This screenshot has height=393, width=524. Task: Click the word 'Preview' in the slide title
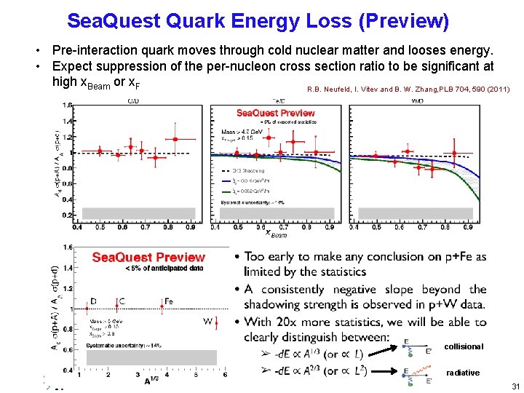tap(408, 21)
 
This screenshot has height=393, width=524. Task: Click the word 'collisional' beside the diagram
tap(463, 346)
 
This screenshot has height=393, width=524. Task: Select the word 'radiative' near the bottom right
tap(463, 373)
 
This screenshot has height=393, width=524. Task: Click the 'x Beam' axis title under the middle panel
tap(274, 233)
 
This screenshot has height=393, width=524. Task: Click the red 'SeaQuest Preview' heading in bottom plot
tap(148, 258)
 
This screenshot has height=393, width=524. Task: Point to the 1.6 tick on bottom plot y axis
tap(68, 247)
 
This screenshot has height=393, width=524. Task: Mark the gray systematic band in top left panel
tap(138, 213)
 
